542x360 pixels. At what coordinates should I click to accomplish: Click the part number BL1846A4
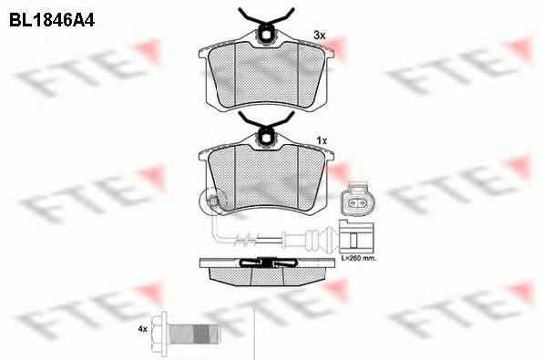[52, 20]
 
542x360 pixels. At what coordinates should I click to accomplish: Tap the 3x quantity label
[320, 35]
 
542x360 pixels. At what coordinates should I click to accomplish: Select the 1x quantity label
[322, 140]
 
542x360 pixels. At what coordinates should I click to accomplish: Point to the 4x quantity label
[143, 329]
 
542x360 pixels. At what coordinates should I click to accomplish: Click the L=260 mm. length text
[359, 258]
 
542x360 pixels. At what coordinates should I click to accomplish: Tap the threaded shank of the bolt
[193, 334]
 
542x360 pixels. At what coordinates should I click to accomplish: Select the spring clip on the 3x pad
[266, 21]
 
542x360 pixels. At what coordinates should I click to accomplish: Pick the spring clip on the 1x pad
[266, 124]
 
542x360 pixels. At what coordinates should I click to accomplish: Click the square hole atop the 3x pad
[266, 35]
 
